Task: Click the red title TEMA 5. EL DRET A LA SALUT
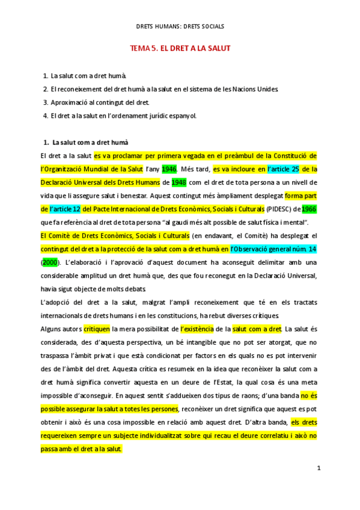tap(180, 48)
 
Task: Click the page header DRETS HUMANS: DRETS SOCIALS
tap(180, 26)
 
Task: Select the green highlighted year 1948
tap(178, 182)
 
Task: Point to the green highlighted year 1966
tap(309, 209)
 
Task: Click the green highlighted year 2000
tap(50, 263)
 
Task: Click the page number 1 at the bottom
tap(319, 467)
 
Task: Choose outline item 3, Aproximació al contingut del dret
tap(100, 102)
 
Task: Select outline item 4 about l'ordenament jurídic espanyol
tap(123, 115)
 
